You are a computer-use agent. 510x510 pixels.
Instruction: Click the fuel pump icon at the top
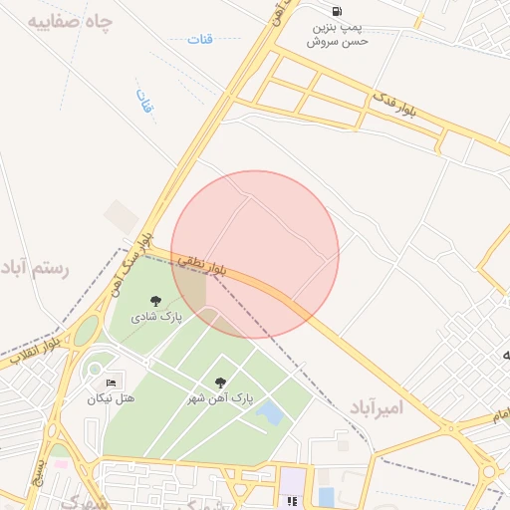[x=338, y=12]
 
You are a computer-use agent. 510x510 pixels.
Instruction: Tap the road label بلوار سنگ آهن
[x=132, y=258]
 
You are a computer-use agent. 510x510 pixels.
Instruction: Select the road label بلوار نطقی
[x=204, y=264]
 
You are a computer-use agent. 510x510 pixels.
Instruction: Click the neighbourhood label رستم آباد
[x=36, y=268]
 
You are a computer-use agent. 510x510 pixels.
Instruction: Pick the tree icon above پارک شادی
[x=155, y=301]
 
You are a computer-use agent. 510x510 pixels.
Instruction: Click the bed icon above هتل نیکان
[x=111, y=382]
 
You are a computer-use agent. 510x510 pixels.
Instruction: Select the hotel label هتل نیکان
[x=111, y=398]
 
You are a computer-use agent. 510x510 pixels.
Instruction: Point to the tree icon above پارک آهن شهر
[x=220, y=382]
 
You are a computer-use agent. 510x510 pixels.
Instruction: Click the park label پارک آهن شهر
[x=220, y=398]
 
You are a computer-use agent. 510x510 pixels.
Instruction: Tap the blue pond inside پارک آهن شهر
[x=268, y=412]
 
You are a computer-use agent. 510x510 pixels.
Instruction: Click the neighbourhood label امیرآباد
[x=378, y=408]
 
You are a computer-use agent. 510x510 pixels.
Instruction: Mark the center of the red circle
[x=255, y=255]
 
